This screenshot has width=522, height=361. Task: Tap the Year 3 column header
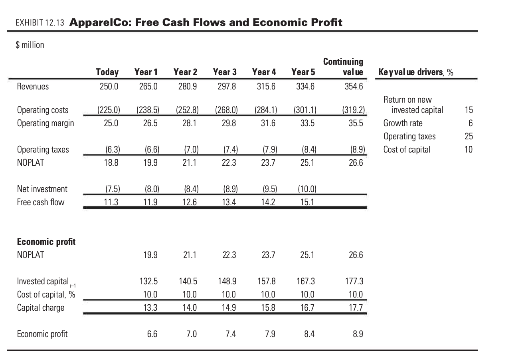[x=224, y=72]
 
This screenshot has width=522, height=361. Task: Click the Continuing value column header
[x=343, y=67]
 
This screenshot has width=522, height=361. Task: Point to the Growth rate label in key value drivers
[x=403, y=123]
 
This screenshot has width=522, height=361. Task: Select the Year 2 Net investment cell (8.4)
[x=188, y=189]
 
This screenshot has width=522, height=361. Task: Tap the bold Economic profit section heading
[x=46, y=242]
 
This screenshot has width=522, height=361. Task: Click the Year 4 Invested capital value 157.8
[x=266, y=281]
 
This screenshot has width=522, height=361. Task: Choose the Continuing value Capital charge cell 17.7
[x=355, y=307]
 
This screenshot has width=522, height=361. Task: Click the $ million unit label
[x=30, y=45]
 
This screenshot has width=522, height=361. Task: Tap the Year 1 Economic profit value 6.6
[x=152, y=334]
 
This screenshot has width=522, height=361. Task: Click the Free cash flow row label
[x=40, y=202]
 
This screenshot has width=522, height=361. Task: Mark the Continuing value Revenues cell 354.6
[x=354, y=87]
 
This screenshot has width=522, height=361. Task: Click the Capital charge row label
[x=40, y=307]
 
